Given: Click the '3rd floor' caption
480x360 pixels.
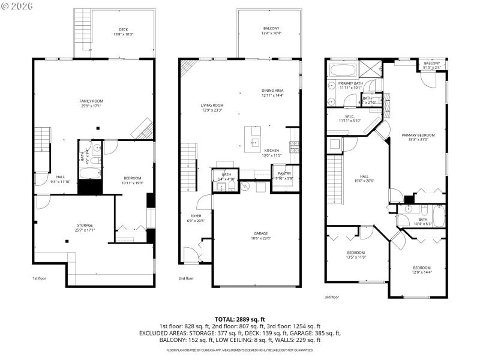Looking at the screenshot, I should point(331,297).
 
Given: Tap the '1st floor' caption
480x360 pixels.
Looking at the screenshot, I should point(40,278).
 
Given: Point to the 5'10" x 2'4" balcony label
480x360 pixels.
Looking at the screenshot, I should point(431,68).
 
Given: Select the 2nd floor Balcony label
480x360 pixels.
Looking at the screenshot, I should point(271,31).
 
